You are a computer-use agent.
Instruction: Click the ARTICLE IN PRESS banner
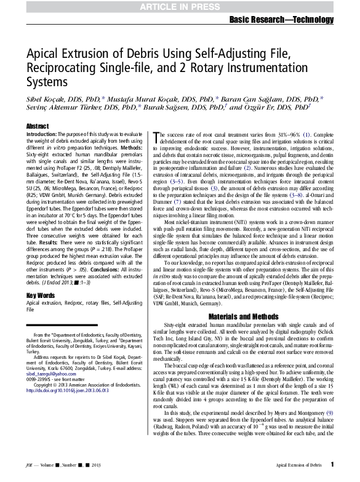click(179, 7)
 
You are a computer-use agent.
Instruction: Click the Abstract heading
click(37, 126)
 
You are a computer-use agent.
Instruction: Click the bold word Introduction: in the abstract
click(41, 134)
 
